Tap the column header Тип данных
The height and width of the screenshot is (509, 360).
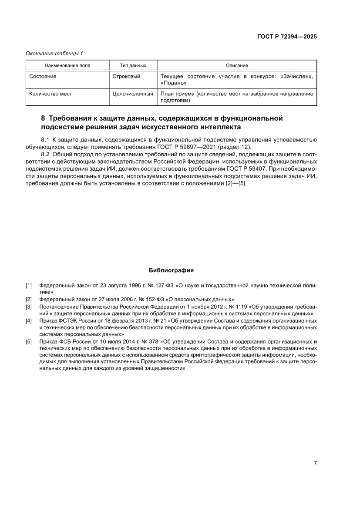[133, 65]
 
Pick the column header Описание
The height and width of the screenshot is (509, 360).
[237, 65]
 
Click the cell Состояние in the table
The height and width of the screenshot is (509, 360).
[43, 77]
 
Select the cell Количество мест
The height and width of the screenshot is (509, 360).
[50, 94]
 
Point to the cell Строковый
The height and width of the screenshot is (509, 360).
[126, 77]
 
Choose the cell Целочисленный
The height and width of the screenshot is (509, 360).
[133, 94]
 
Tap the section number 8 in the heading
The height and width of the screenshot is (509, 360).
[43, 118]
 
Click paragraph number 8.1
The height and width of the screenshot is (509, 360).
[45, 140]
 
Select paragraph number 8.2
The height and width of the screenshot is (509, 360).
[45, 154]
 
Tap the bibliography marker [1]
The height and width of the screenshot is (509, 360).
[29, 286]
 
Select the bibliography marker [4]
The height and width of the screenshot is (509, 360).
[29, 321]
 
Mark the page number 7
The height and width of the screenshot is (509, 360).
[315, 463]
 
